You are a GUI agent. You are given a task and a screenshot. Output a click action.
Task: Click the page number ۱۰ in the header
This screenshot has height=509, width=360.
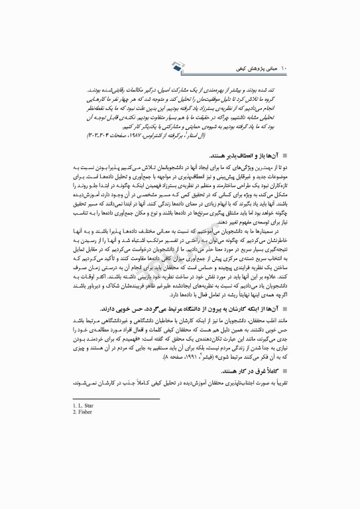(286, 68)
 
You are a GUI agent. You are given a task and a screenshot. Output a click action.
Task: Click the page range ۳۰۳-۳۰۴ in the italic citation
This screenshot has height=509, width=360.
(133, 137)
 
